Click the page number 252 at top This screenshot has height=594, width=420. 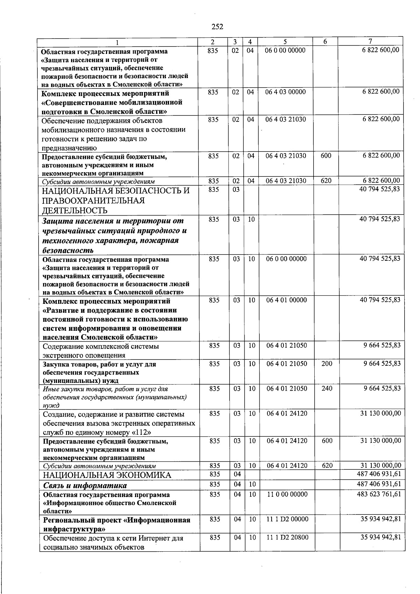[217, 27]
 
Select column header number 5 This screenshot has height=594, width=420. [285, 42]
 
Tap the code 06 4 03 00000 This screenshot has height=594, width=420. [285, 92]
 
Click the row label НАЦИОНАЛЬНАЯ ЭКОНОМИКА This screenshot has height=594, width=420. [107, 475]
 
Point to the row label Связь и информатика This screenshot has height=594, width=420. [85, 485]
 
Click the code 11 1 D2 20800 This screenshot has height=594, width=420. [287, 537]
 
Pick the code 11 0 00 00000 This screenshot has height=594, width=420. [287, 494]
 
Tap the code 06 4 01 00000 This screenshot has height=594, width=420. [286, 300]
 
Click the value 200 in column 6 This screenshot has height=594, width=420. [327, 364]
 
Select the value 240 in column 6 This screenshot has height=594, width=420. [327, 388]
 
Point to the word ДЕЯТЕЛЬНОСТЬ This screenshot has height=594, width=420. [75, 210]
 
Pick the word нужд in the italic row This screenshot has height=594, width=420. [51, 405]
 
